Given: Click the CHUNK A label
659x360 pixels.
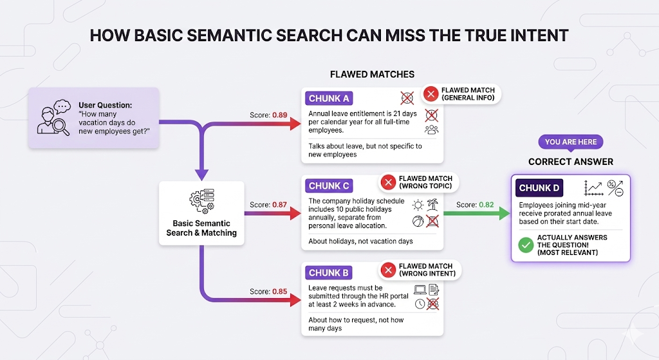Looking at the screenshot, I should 329,99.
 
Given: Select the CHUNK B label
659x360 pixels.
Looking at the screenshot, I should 329,273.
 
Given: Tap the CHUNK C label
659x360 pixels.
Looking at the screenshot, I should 329,186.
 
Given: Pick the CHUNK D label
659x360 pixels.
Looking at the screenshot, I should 539,189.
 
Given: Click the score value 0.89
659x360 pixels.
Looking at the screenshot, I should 280,115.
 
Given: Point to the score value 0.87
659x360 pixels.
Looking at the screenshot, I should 280,204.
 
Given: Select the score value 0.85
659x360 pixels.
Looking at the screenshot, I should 280,291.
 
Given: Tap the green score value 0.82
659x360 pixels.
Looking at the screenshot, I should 487,204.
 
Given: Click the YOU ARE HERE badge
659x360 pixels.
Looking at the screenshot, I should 571,142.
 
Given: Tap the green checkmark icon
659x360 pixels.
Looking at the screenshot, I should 526,245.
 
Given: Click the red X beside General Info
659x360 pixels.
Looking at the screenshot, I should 429,94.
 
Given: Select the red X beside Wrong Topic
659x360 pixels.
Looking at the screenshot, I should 388,182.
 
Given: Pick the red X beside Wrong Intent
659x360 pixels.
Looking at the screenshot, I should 388,270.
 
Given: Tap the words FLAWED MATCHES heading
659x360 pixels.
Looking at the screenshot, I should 372,74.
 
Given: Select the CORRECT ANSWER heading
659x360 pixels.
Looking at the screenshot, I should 571,162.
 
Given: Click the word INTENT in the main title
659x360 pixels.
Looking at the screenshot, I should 536,35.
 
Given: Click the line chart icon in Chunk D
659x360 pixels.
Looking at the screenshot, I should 591,188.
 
